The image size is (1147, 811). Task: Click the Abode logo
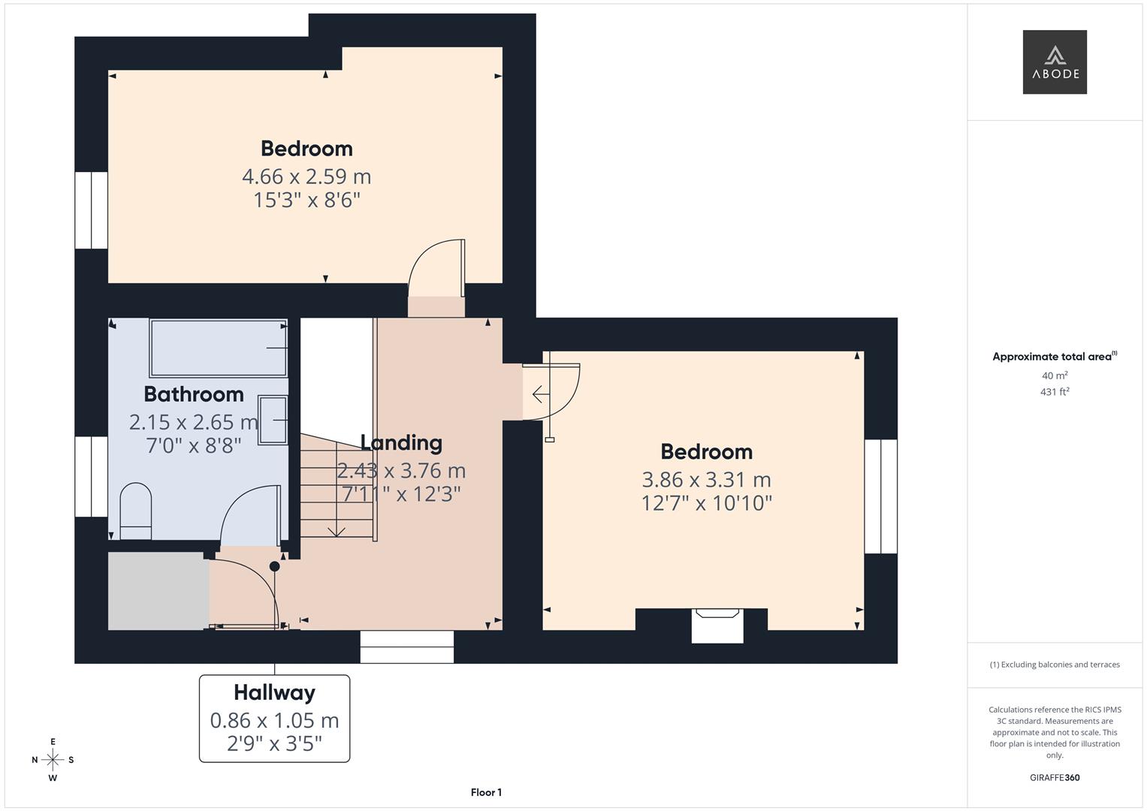coord(1054,62)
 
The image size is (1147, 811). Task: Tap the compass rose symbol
coord(53,760)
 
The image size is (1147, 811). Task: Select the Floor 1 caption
coord(486,792)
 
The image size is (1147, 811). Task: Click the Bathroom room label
coord(194,394)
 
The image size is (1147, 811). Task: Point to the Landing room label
coord(401,442)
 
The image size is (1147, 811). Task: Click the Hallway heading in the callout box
coord(274,692)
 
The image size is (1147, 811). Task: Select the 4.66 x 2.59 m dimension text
coord(306,176)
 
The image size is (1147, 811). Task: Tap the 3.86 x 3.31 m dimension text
coord(706,479)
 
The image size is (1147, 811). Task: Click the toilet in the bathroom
coord(136,511)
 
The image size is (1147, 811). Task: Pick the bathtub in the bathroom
coord(219,348)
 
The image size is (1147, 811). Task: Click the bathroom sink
coord(273,420)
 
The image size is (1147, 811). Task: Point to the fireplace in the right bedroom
coord(717,625)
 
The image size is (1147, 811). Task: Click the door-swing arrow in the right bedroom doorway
coord(539,393)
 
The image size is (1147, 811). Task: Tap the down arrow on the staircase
coord(337,530)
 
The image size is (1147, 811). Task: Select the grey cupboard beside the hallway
coord(158,591)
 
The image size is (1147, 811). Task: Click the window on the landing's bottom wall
coord(407,647)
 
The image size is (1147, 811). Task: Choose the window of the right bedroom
coord(880,496)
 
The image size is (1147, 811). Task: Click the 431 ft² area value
coord(1055,392)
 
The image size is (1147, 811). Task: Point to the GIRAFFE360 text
coord(1055,778)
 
